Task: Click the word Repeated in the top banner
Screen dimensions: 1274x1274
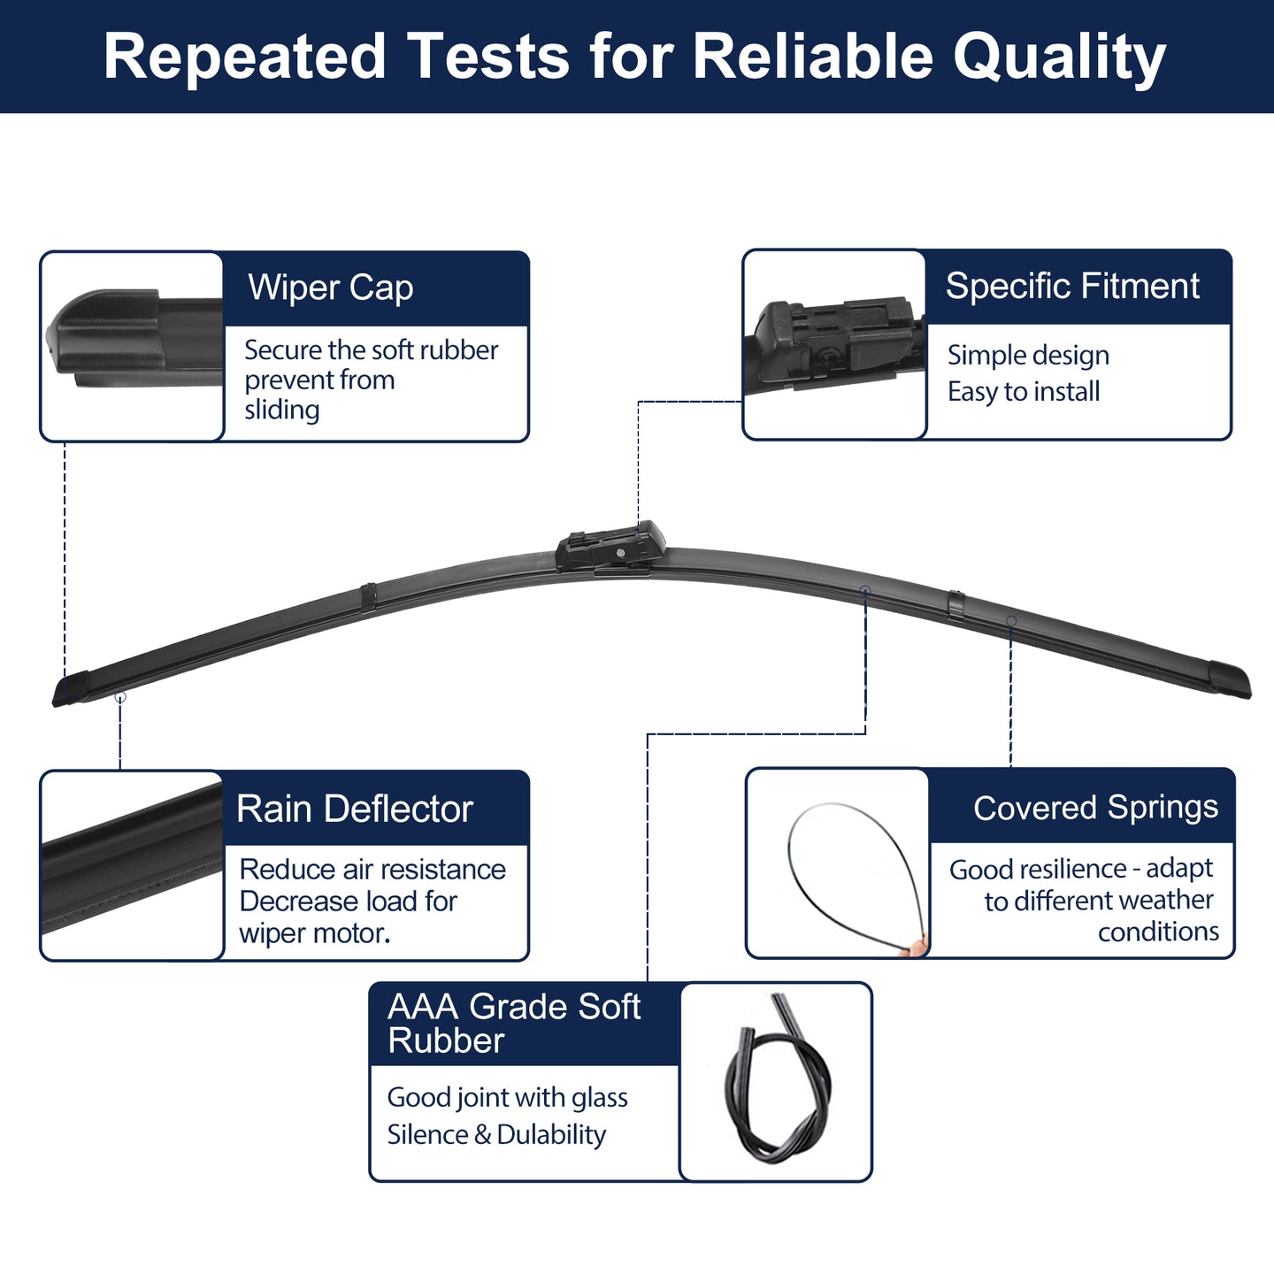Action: click(244, 58)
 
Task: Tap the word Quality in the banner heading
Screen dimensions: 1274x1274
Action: click(1059, 58)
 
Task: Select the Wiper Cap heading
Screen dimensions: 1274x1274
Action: click(331, 288)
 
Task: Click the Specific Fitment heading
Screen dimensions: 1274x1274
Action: click(1071, 287)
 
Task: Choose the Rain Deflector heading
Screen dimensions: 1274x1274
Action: click(355, 809)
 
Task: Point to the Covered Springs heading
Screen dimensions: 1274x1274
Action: click(1095, 807)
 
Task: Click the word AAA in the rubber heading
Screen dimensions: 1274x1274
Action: click(423, 1006)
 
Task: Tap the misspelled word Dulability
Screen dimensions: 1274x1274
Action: click(551, 1134)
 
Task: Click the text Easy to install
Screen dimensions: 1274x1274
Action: click(1024, 391)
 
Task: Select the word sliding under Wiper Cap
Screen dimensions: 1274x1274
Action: click(281, 410)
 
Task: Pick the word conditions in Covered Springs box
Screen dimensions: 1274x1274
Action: click(1158, 932)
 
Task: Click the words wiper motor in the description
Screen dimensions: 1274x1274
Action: click(315, 933)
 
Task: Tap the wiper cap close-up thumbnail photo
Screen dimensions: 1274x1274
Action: click(132, 346)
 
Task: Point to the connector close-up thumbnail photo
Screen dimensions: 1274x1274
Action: click(834, 344)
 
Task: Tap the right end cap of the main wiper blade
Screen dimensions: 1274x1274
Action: click(1231, 679)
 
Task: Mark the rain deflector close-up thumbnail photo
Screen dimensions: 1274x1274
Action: click(132, 864)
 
